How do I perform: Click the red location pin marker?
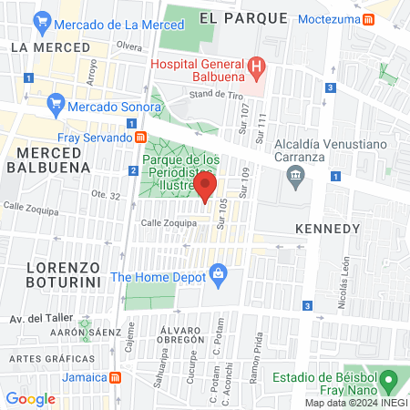click(205, 189)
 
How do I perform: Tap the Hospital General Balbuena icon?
click(257, 66)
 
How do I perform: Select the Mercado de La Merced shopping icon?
click(41, 20)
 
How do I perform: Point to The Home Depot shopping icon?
click(218, 272)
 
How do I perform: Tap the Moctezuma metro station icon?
click(367, 17)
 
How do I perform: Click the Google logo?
click(30, 398)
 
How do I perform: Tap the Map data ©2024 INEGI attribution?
click(355, 403)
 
